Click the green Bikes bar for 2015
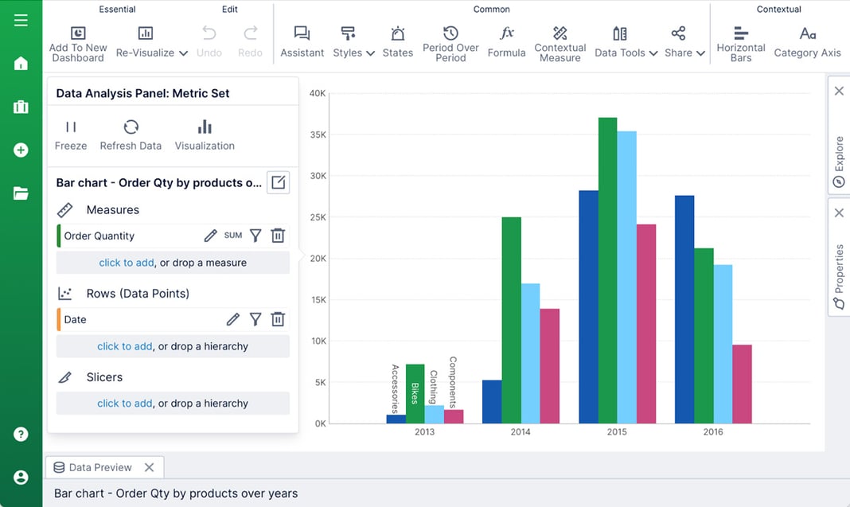(608, 271)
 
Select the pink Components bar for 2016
(743, 384)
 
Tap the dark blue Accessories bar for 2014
(492, 402)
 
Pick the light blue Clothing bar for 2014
(531, 353)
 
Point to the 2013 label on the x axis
(425, 432)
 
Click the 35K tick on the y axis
(318, 135)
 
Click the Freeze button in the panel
(71, 135)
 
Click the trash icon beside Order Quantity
(278, 236)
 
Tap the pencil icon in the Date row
(232, 319)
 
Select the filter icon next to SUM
(255, 236)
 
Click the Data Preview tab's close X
(149, 467)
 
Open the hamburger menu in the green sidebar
(21, 20)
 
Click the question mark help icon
(21, 435)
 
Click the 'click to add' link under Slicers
(125, 404)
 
